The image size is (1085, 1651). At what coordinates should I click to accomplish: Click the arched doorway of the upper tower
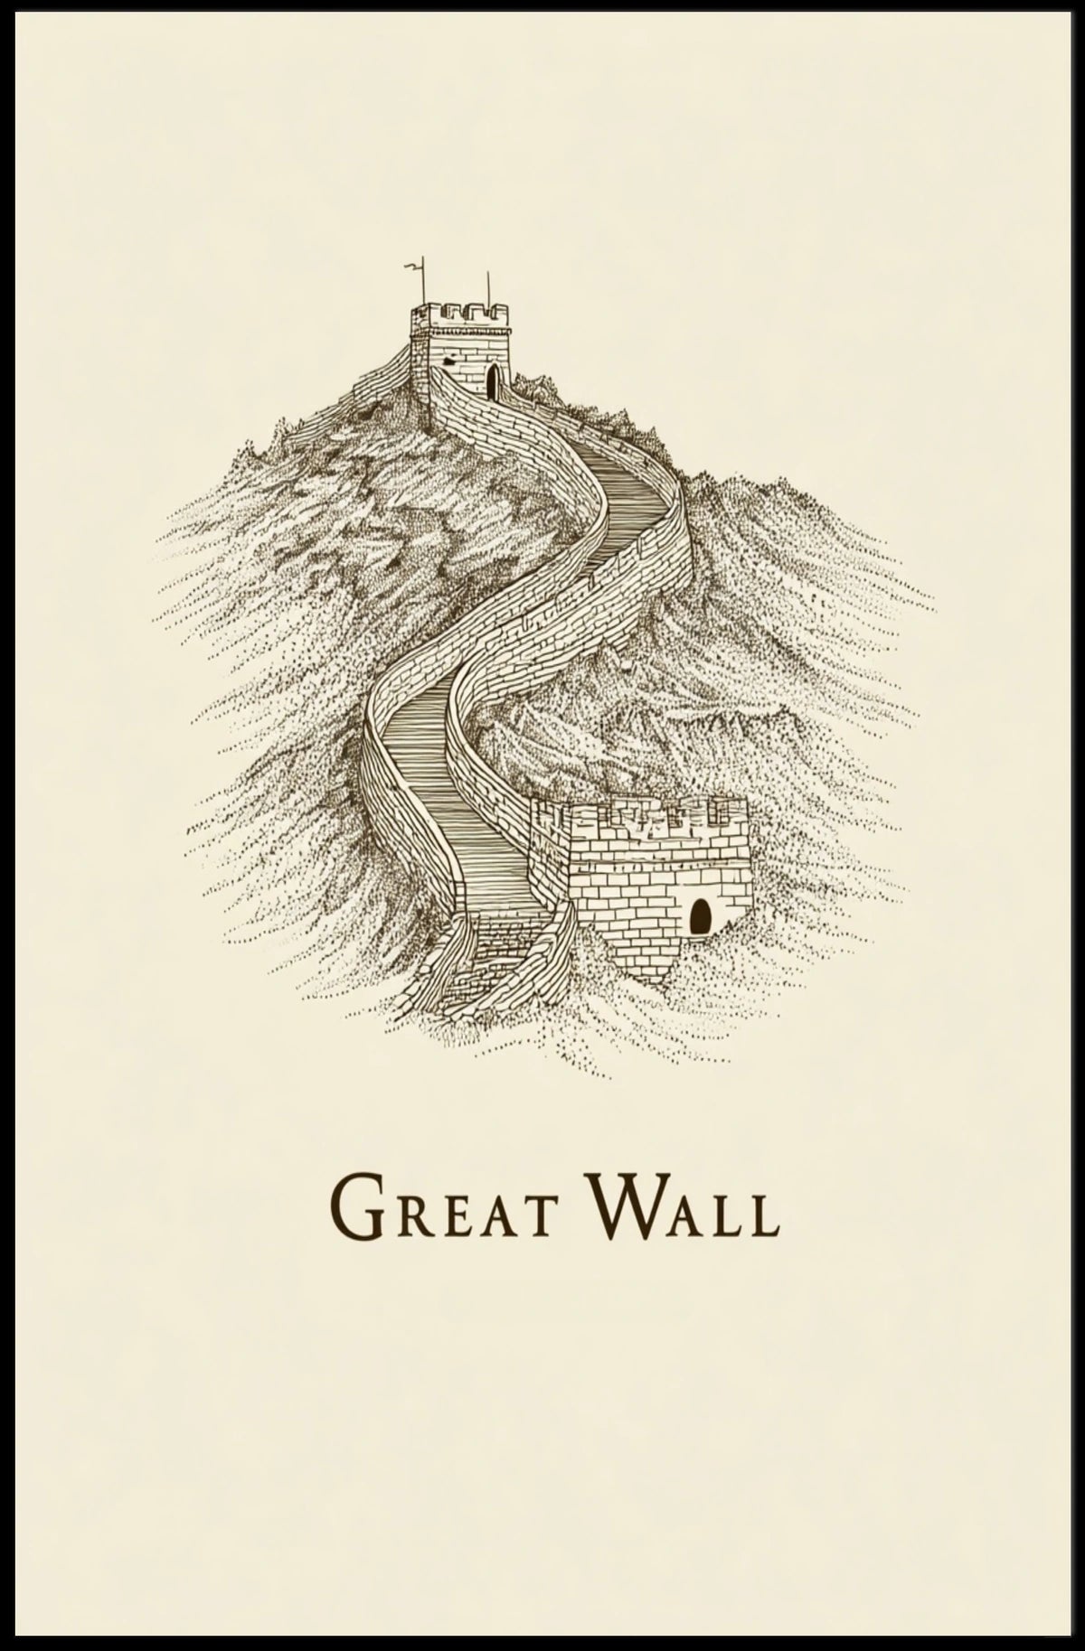492,382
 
